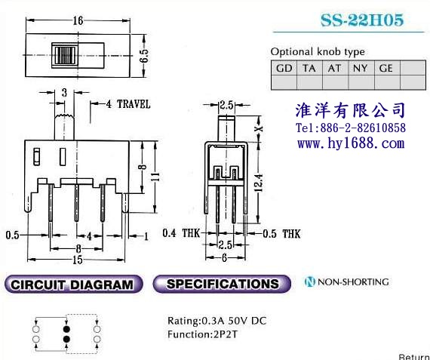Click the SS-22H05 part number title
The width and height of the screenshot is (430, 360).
pos(362,20)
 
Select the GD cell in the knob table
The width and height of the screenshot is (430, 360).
pos(284,68)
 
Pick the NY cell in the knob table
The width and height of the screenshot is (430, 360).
pos(360,68)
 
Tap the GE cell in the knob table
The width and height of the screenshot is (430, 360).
pos(385,68)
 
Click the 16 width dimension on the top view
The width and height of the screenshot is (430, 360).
pos(78,20)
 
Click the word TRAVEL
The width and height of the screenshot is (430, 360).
pos(134,104)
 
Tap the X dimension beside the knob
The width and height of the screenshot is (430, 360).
pos(259,128)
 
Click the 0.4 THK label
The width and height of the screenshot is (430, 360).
pos(181,233)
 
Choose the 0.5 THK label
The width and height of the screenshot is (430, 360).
pos(281,234)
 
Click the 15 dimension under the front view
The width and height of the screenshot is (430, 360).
pos(78,260)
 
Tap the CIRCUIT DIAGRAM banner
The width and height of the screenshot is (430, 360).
pos(73,284)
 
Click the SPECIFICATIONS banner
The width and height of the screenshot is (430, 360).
pos(222,284)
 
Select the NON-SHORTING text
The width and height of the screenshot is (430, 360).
pos(353,282)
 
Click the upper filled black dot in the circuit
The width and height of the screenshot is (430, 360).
pos(66,329)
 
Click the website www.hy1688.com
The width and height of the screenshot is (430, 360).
pos(351,143)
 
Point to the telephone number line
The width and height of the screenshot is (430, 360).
pos(351,128)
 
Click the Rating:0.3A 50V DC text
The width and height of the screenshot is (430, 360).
pos(217,321)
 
